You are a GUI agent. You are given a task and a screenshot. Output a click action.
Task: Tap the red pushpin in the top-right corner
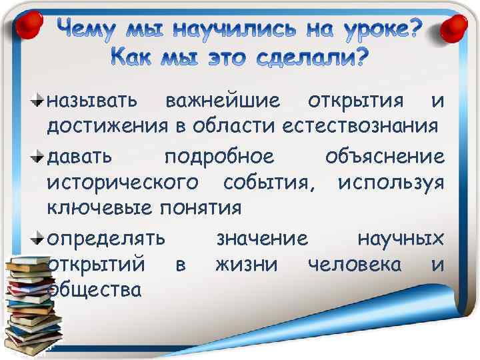point(455,29)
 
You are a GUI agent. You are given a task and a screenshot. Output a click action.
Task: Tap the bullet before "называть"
point(38,101)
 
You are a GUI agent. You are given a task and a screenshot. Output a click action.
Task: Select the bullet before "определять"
point(38,237)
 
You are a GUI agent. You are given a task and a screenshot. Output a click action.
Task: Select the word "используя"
point(391,182)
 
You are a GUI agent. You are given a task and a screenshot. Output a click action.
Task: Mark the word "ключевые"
point(101,207)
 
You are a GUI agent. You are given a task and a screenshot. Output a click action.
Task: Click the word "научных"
point(401,237)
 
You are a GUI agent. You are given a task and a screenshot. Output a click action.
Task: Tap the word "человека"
point(354,264)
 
